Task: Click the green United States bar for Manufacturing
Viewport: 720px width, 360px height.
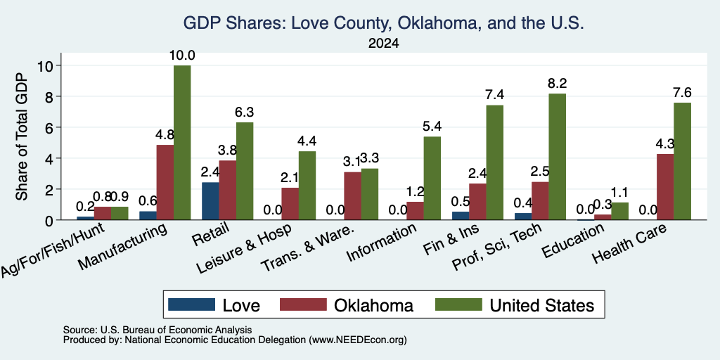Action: coord(182,142)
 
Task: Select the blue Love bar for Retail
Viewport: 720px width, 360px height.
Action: coord(210,201)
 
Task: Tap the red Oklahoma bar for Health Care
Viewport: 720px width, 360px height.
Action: coord(665,187)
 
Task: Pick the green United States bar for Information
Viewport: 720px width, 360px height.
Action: coord(432,178)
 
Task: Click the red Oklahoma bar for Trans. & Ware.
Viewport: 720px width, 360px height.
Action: coord(352,196)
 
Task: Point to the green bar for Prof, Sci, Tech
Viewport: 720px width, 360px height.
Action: coord(557,157)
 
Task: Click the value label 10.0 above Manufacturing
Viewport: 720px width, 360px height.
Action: coord(182,56)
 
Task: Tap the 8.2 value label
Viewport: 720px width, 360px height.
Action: coord(557,84)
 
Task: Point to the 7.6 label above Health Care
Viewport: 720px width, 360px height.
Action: coord(682,93)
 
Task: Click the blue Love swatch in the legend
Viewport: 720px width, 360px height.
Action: coord(191,304)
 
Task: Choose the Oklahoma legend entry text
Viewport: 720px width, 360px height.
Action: coord(374,305)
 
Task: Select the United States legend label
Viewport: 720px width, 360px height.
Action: coord(542,305)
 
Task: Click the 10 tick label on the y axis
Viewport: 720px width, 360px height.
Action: coord(47,65)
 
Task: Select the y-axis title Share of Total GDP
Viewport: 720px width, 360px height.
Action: coord(22,136)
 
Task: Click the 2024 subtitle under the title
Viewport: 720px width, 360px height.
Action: coord(383,44)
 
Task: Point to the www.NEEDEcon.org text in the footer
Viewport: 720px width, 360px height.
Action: coord(358,340)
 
